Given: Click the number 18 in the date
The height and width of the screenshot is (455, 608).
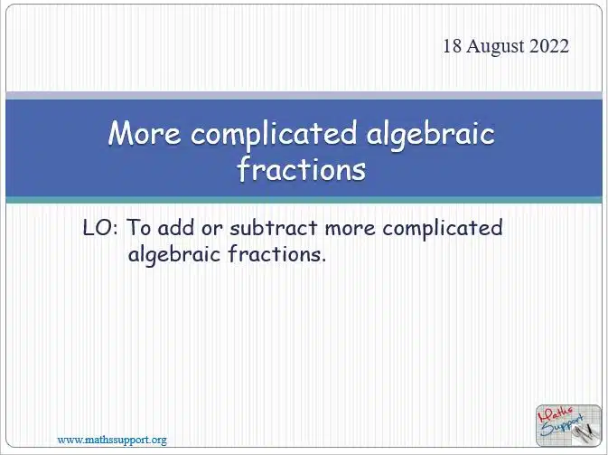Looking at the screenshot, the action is tap(452, 46).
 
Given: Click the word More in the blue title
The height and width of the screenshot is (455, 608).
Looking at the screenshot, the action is tap(145, 133).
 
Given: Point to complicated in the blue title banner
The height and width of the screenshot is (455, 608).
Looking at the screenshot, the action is tap(274, 134).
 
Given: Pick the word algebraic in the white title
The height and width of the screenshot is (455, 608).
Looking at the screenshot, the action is tap(430, 134).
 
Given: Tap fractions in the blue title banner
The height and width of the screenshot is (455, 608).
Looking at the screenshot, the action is tap(301, 169).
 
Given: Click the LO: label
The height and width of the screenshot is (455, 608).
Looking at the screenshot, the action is tap(100, 228).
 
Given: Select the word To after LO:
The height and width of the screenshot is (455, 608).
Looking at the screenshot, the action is tap(138, 228).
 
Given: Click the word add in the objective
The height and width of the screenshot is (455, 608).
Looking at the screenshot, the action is tap(175, 228).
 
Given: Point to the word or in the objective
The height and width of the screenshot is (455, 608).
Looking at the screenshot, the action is tap(211, 230).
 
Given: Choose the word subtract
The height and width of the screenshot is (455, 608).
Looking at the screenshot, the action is tap(274, 228).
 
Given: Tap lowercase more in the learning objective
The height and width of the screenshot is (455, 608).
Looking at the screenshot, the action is tap(351, 230).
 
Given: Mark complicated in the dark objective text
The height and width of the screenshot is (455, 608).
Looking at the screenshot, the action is tap(443, 229).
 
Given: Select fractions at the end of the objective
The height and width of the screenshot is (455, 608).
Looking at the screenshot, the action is tap(276, 254).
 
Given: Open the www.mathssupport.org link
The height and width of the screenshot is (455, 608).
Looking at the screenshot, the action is tap(112, 441).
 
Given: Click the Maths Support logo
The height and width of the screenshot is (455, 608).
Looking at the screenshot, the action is tap(568, 425).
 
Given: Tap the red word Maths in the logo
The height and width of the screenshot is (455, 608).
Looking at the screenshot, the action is tap(556, 415).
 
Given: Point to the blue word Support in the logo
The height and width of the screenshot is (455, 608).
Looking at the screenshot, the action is tap(562, 425).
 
